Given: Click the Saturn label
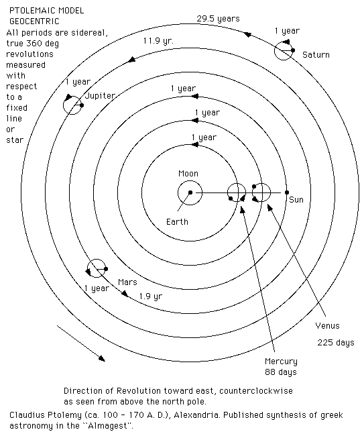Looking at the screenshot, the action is coord(316,55).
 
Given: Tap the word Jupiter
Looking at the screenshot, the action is coord(101,96).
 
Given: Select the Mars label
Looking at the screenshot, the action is coord(127,282).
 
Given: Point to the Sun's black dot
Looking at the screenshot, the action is coord(287,192).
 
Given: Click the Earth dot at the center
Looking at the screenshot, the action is coord(190,192).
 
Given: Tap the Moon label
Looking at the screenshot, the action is coord(188,173).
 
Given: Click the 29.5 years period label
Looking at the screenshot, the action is coord(218,19).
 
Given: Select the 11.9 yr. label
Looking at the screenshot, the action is coord(158,41).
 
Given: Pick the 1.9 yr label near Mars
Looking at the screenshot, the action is coord(151,296).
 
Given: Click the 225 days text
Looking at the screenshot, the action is coord(335,343).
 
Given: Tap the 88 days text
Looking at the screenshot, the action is coord(281,372).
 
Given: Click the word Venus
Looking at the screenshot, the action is coord(327,326).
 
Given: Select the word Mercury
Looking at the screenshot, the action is coord(281,362).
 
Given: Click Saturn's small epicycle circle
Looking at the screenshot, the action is coord(274,51).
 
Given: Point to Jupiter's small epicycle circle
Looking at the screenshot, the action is coord(64,105).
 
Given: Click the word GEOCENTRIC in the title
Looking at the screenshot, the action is coord(34,21).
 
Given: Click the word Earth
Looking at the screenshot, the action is coord(177,222).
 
